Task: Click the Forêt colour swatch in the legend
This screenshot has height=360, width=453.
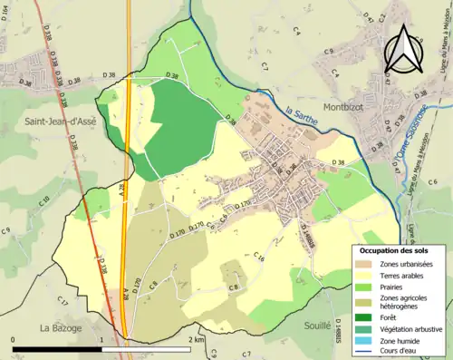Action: point(366,316)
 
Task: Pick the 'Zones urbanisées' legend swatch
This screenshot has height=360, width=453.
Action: point(366,262)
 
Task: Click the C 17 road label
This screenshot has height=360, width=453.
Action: point(63,301)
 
